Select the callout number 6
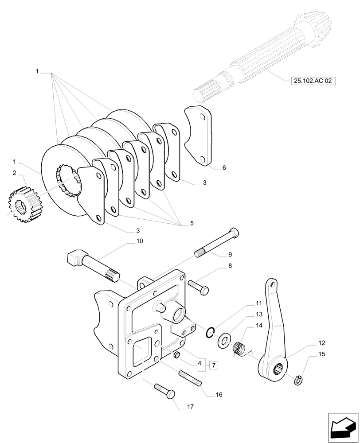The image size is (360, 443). (224, 168)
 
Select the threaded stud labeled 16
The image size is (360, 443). (191, 379)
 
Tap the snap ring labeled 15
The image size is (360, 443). (299, 379)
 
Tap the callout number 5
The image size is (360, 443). (192, 224)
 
